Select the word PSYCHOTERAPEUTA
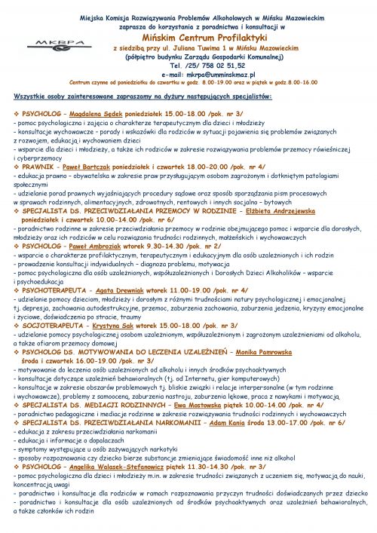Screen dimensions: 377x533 [53, 309]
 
